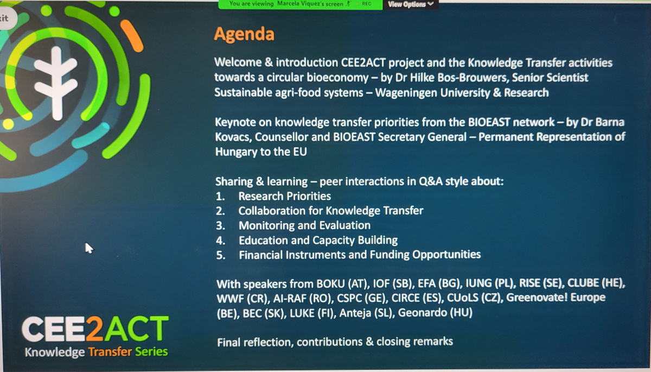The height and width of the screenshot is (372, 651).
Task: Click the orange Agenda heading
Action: tap(244, 35)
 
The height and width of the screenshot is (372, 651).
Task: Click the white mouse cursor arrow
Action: tap(89, 248)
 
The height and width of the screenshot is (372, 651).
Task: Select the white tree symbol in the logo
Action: tap(56, 83)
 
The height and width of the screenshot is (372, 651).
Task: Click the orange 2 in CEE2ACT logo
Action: tap(95, 329)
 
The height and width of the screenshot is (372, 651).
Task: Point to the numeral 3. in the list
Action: tap(220, 226)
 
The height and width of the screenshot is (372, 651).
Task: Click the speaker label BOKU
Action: tap(330, 283)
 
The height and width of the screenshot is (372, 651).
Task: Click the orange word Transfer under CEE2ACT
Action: tap(110, 352)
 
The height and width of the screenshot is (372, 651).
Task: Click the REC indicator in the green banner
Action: tap(367, 4)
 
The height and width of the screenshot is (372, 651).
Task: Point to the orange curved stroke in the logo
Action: tap(132, 36)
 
